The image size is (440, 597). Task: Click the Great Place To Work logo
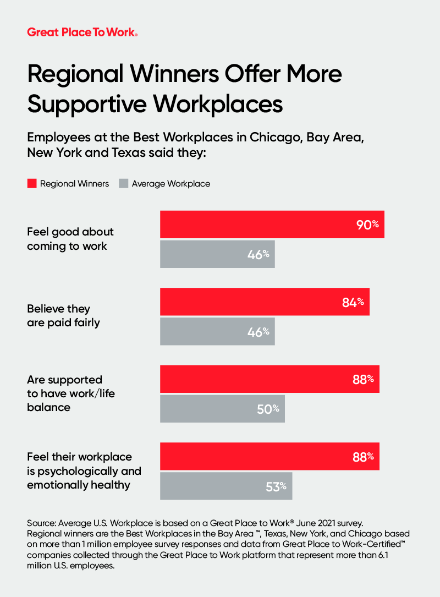tap(82, 32)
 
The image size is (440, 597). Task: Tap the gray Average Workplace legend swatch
tap(123, 183)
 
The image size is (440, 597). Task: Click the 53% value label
tap(276, 486)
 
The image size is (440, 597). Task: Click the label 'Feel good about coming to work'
tap(70, 239)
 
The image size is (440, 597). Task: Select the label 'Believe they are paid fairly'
tap(63, 316)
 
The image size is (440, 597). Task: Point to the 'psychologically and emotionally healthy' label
tap(84, 471)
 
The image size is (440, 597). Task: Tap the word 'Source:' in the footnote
tap(42, 522)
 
